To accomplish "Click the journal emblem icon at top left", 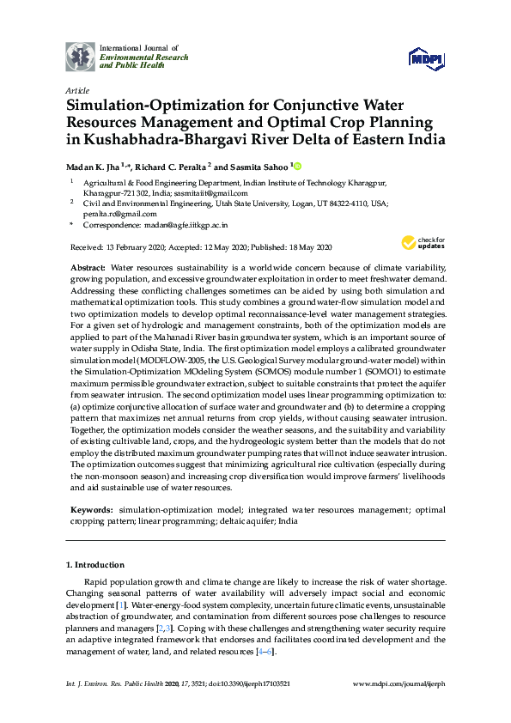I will point(81,55).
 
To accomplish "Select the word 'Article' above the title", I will point(77,89).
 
